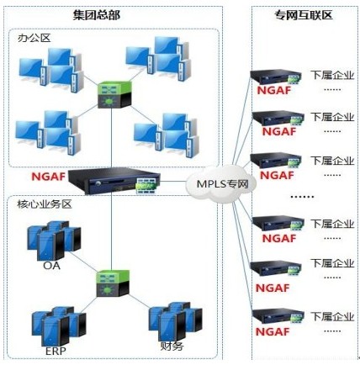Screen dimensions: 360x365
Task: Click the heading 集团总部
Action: [97, 15]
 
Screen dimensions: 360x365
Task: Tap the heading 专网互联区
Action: [304, 14]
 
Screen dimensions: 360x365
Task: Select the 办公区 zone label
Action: [34, 38]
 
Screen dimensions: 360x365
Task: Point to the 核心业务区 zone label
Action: [45, 204]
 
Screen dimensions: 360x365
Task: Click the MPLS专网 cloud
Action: [221, 183]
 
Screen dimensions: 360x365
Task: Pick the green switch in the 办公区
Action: [114, 94]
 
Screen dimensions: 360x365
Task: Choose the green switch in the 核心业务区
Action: [113, 283]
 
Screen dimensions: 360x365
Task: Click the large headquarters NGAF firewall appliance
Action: [114, 181]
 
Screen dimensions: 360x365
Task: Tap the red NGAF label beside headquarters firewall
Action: [48, 177]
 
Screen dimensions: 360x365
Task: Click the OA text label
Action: [52, 265]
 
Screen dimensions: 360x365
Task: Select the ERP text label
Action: [56, 351]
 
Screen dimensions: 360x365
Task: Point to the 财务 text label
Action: [172, 346]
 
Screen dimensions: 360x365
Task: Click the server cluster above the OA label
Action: [54, 241]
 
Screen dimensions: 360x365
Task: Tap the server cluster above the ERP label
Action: [59, 326]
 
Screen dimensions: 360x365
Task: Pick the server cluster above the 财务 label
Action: [175, 321]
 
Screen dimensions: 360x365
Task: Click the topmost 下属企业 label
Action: [332, 75]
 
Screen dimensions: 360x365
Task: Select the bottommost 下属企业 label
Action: [332, 316]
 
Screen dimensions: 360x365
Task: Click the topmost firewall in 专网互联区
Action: [276, 77]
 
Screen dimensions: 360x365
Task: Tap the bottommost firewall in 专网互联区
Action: [278, 316]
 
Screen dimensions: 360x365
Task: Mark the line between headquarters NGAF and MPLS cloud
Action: [173, 182]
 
